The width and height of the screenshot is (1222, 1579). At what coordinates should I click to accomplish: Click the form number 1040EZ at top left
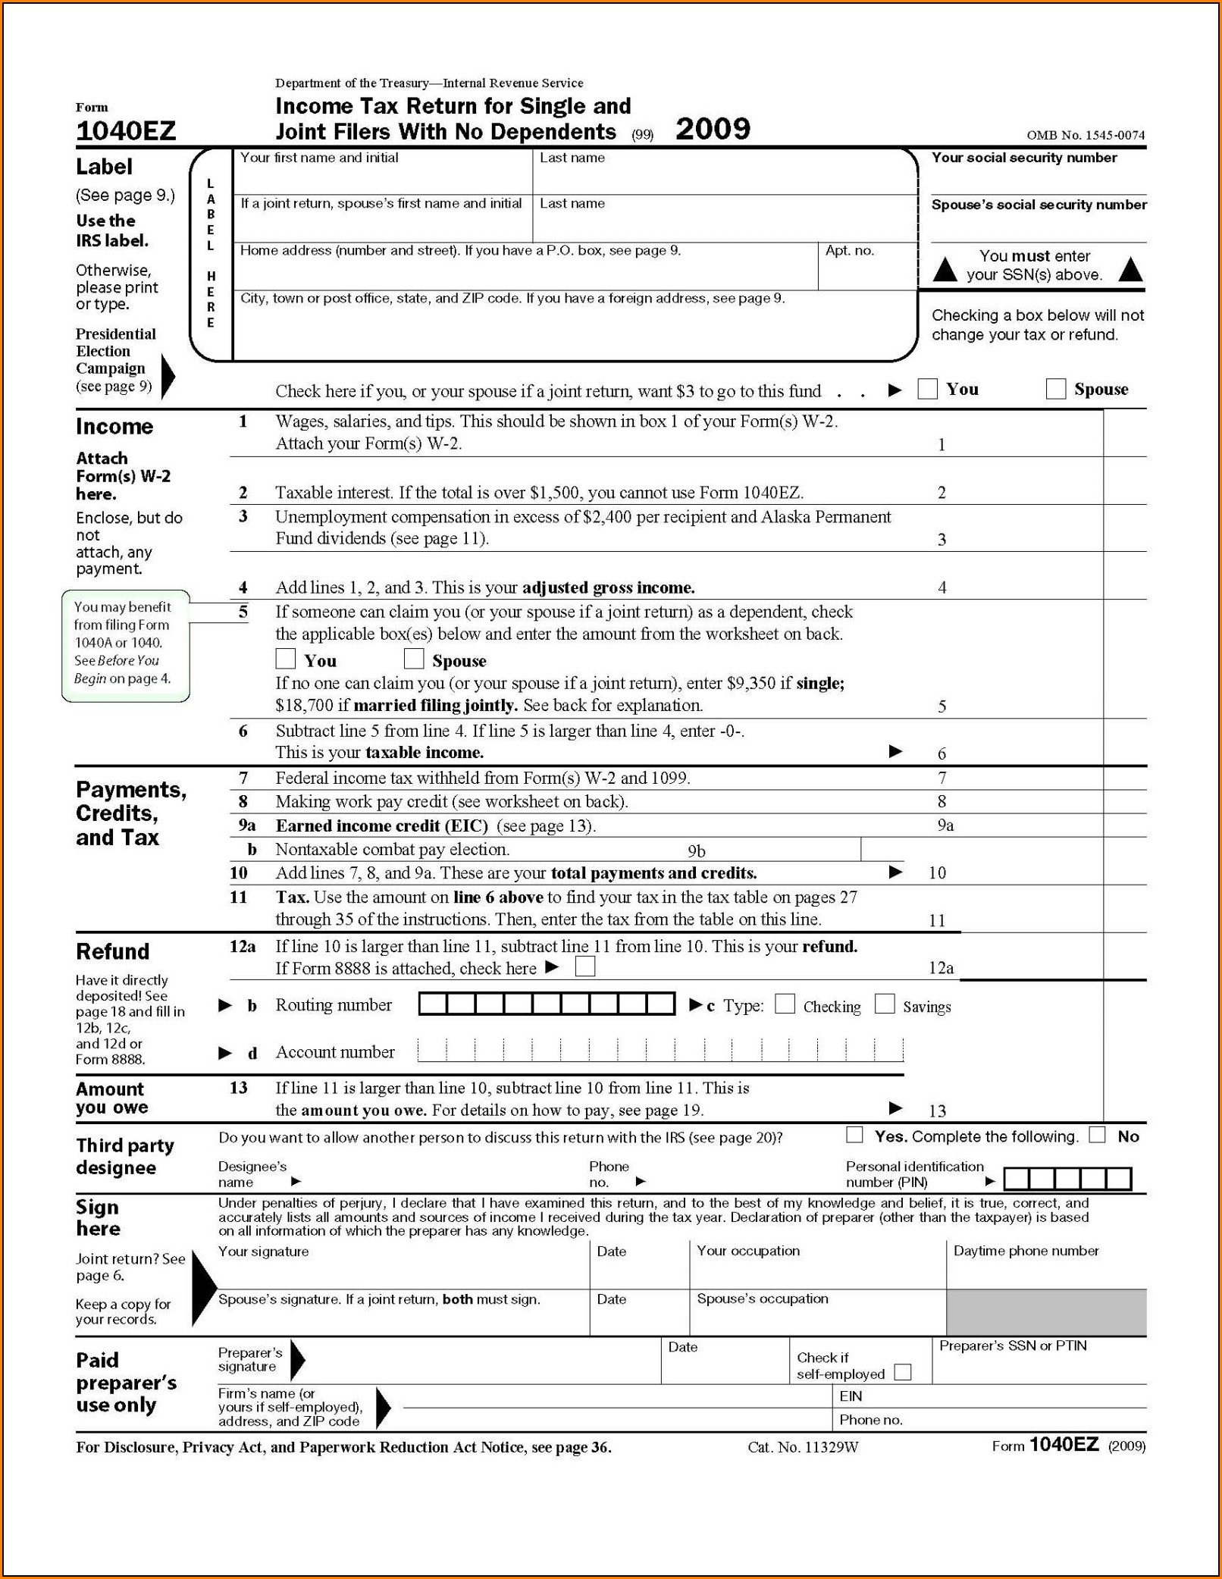click(126, 131)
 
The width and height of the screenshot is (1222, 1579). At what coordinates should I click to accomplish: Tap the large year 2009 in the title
click(713, 129)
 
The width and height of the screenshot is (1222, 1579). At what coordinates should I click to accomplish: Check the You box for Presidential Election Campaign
click(927, 389)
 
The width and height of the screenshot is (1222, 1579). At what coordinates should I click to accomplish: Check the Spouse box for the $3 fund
click(1055, 389)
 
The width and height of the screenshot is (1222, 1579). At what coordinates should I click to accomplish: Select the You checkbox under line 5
click(286, 658)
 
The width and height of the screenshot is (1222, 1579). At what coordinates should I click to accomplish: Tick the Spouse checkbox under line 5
click(414, 658)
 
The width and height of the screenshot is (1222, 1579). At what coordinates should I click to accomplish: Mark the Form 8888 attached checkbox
click(585, 967)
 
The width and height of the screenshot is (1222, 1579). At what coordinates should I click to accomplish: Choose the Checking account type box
click(785, 1004)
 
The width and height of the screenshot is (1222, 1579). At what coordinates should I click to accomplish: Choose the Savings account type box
click(885, 1004)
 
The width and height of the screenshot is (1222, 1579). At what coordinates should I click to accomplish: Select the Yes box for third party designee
click(854, 1134)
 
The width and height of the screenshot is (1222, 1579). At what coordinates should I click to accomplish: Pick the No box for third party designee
click(1097, 1134)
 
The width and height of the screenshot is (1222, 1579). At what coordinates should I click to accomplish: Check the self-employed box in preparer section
click(903, 1372)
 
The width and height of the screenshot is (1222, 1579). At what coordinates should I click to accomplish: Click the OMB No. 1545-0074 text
click(1086, 135)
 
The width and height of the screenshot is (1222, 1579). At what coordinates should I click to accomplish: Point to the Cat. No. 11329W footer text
click(803, 1447)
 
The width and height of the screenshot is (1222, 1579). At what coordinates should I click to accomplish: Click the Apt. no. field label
click(849, 250)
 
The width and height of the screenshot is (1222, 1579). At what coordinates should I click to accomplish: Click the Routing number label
click(334, 1005)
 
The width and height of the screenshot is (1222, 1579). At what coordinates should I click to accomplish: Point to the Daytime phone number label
click(1026, 1251)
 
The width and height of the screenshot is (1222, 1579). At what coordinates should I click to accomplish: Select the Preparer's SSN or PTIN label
click(1013, 1346)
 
